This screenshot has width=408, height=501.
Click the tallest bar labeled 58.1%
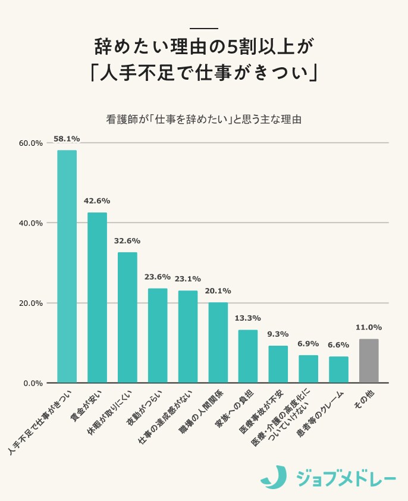pyautogui.click(x=67, y=266)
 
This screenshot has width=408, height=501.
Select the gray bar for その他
pyautogui.click(x=369, y=361)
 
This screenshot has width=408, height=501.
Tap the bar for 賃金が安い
pyautogui.click(x=97, y=298)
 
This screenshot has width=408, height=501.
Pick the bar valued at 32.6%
pyautogui.click(x=127, y=317)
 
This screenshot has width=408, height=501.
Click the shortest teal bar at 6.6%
pyautogui.click(x=338, y=370)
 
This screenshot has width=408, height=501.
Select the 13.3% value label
pyautogui.click(x=248, y=318)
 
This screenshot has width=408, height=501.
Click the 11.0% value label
pyautogui.click(x=369, y=327)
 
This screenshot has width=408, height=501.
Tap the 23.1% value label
pyautogui.click(x=187, y=278)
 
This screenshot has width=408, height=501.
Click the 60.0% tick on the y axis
pyautogui.click(x=30, y=143)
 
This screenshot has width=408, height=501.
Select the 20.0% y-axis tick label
pyautogui.click(x=30, y=303)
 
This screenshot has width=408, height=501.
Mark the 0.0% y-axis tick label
pyautogui.click(x=32, y=383)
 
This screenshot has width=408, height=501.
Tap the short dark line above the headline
pyautogui.click(x=204, y=29)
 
